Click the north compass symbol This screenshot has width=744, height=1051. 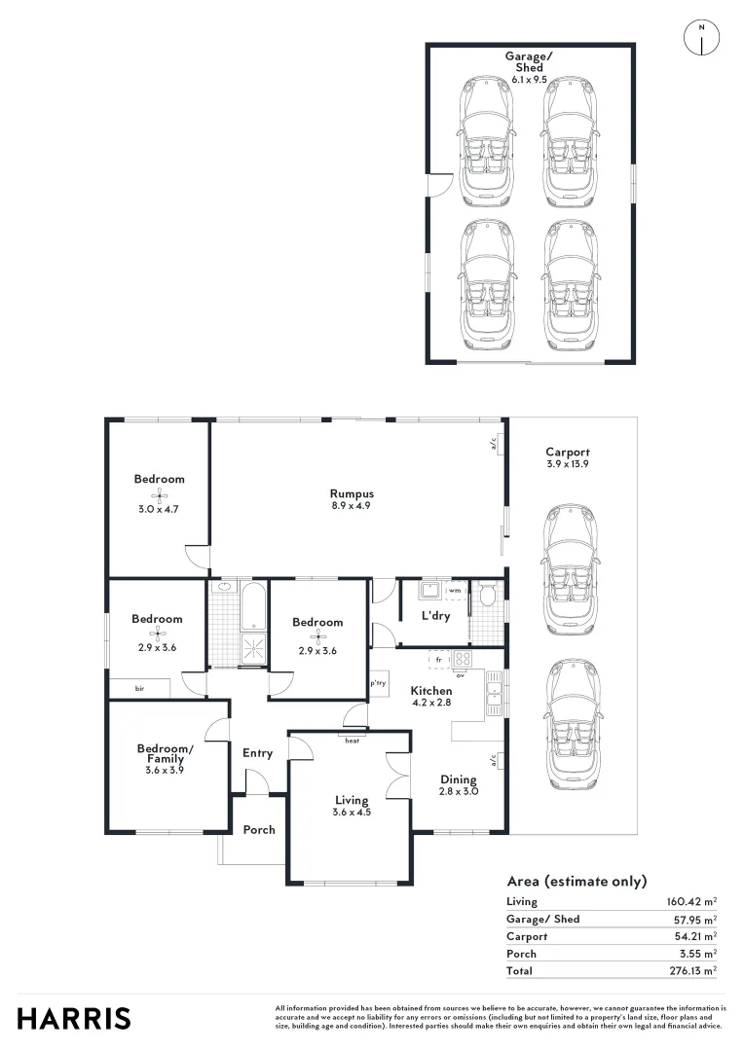point(701,36)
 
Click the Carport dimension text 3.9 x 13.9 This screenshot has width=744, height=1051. point(567,464)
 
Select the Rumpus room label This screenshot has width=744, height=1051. point(352,493)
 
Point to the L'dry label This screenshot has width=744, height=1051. point(434,617)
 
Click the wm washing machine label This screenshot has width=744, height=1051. point(455,591)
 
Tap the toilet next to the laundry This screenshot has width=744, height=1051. point(487,596)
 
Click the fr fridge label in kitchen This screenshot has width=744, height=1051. point(439,660)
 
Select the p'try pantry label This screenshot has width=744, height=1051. point(379,684)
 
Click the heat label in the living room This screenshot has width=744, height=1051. point(353,741)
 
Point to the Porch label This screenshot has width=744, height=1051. point(259,830)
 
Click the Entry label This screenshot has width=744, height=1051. point(258,752)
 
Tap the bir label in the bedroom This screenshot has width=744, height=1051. point(140,688)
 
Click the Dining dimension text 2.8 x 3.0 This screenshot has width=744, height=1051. point(458,791)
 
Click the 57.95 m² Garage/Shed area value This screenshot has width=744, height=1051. point(693,919)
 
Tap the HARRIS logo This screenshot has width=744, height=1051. point(74,1018)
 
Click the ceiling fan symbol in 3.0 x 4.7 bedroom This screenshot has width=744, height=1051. point(159,494)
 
